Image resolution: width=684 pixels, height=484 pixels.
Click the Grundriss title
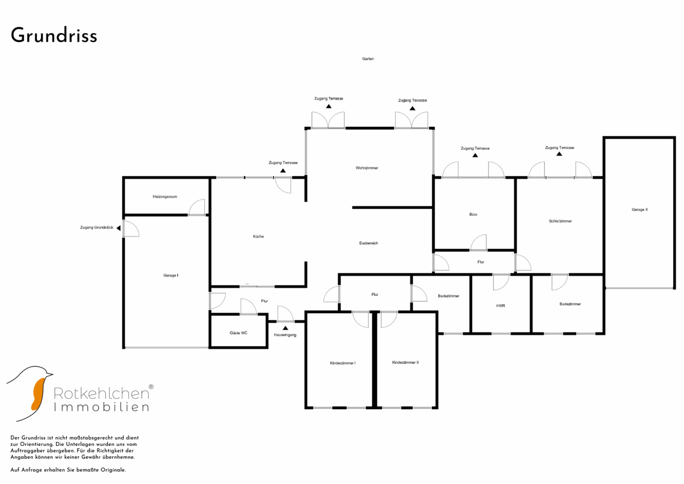(x=54, y=35)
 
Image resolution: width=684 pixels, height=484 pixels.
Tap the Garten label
(x=368, y=59)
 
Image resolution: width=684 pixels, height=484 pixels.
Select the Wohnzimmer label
(x=367, y=168)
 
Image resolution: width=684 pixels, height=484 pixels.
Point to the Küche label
(x=258, y=236)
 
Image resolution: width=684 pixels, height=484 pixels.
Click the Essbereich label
(x=369, y=243)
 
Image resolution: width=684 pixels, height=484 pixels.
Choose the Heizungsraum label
(x=165, y=196)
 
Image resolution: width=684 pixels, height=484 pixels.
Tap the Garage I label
(x=171, y=275)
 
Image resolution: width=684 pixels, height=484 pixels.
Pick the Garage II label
(x=640, y=210)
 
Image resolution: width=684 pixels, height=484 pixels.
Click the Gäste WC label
(x=238, y=333)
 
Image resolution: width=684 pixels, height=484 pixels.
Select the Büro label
(x=473, y=215)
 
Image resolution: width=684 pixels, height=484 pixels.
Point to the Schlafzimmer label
(x=560, y=221)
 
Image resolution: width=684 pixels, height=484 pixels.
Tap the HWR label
(x=500, y=306)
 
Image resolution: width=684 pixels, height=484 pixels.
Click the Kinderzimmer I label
(x=343, y=363)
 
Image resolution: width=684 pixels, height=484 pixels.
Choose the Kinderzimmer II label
(x=405, y=363)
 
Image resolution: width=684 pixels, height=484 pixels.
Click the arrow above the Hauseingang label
(x=285, y=328)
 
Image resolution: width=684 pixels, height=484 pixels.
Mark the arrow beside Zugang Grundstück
(x=118, y=228)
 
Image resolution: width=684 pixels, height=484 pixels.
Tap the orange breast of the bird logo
(x=38, y=394)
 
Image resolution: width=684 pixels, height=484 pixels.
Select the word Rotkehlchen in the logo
(x=101, y=393)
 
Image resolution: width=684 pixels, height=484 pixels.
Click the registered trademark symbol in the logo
(x=151, y=387)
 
